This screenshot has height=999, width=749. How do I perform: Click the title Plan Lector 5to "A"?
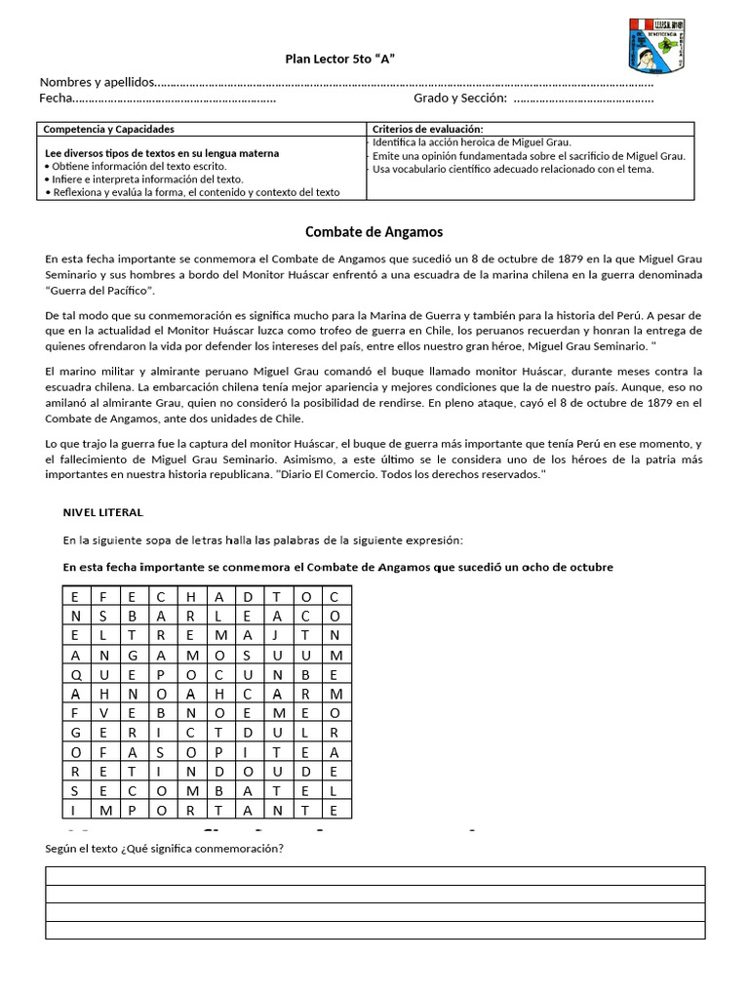click(x=339, y=60)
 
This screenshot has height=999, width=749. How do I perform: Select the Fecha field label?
click(x=56, y=98)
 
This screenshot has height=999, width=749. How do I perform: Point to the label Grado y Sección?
click(x=459, y=98)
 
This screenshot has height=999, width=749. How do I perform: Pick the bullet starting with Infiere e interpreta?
click(x=144, y=180)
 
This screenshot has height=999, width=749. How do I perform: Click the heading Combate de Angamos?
click(x=374, y=231)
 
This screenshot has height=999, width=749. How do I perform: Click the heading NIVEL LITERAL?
click(x=102, y=512)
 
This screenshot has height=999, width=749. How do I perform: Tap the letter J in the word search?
click(x=277, y=635)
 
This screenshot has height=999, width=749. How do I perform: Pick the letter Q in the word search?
click(x=75, y=674)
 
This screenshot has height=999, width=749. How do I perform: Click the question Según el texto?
click(x=164, y=848)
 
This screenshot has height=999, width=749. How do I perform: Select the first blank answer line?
click(x=374, y=875)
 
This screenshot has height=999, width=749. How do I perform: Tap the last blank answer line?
click(x=374, y=931)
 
